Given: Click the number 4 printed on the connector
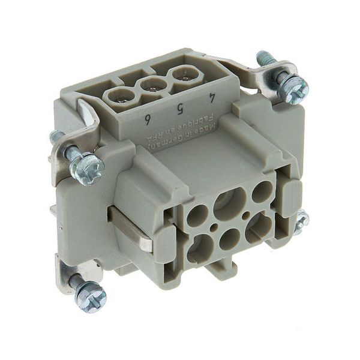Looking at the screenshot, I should (x=212, y=96).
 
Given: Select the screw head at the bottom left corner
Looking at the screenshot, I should (x=91, y=296).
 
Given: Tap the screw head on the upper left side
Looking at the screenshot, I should (x=88, y=169).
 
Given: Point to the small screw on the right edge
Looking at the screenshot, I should (x=301, y=222).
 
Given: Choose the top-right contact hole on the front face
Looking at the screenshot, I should (x=262, y=192).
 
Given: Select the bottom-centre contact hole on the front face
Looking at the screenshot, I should (x=229, y=239).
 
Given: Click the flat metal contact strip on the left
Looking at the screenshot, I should (x=130, y=229).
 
